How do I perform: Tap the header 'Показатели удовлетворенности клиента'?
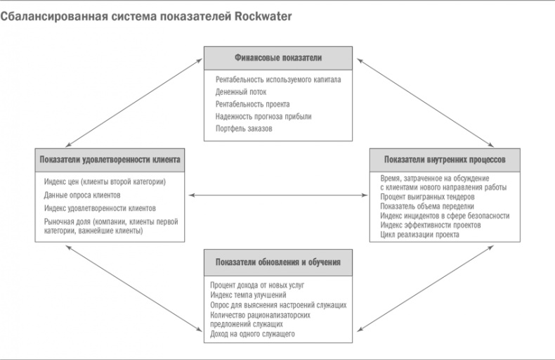click(x=110, y=160)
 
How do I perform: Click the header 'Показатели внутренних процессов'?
click(x=445, y=160)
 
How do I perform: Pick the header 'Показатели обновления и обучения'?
click(x=277, y=262)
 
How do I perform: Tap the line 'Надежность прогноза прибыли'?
click(x=263, y=116)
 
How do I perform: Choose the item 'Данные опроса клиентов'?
click(x=82, y=195)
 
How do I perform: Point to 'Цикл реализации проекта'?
click(x=419, y=235)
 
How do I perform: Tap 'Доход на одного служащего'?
click(x=252, y=333)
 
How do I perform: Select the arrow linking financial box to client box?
click(x=133, y=102)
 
